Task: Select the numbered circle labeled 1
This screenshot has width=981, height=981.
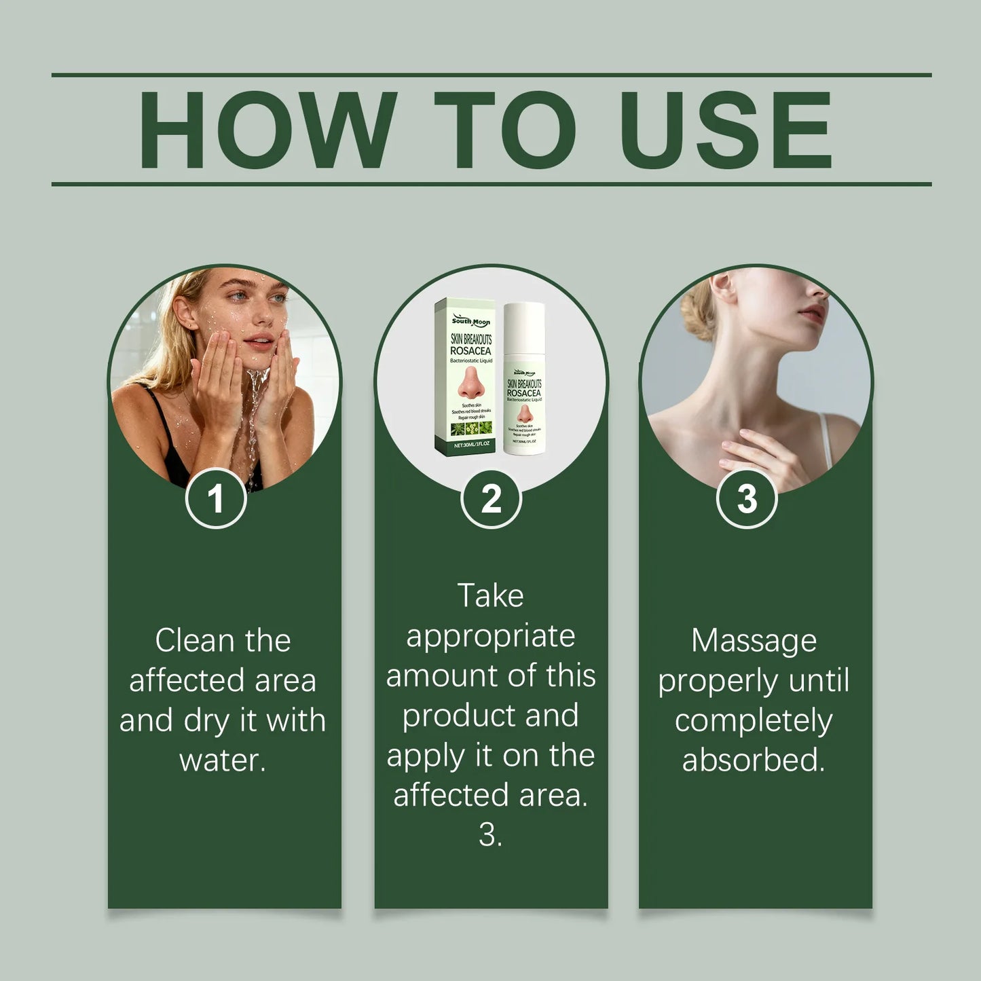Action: [x=216, y=499]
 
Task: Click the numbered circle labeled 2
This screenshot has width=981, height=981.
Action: [x=491, y=499]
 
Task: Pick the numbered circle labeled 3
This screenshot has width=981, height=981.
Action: [x=747, y=499]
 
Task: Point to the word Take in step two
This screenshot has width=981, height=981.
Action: [x=490, y=596]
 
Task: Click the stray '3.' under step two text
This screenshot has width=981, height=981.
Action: [x=490, y=834]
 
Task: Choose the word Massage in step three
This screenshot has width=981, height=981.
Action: [x=754, y=640]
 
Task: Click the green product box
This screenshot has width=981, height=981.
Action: [x=464, y=376]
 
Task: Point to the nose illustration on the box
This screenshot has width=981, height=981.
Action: [x=470, y=384]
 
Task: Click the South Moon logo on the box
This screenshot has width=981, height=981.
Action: [x=470, y=321]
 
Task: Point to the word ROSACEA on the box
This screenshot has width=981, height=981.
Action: [x=470, y=351]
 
